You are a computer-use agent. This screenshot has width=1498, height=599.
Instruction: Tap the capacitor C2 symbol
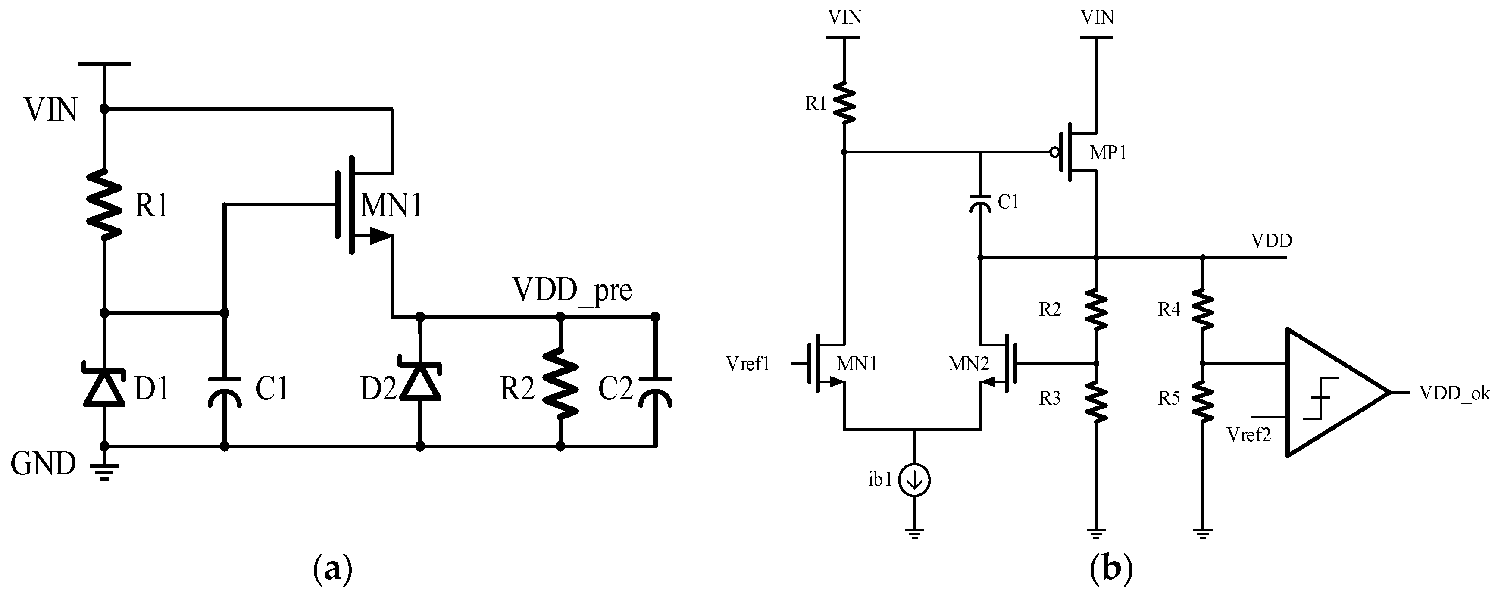point(655,389)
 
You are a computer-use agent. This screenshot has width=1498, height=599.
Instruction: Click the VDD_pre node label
point(572,289)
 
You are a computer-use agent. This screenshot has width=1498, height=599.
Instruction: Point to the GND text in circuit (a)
point(43,464)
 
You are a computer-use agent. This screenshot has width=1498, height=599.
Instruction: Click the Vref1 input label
point(748,364)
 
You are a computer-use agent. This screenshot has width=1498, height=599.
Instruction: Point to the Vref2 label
point(1248,434)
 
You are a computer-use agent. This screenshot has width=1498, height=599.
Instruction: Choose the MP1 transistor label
point(1108,153)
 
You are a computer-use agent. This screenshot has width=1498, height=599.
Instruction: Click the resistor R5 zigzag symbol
point(1203,401)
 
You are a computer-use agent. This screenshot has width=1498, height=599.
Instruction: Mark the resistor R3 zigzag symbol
point(1096,401)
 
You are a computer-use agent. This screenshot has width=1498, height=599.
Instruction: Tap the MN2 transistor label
point(969,364)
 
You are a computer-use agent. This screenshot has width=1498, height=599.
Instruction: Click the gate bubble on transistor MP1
point(1054,153)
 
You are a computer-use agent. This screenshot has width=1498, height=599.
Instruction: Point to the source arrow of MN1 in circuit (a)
point(378,236)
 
